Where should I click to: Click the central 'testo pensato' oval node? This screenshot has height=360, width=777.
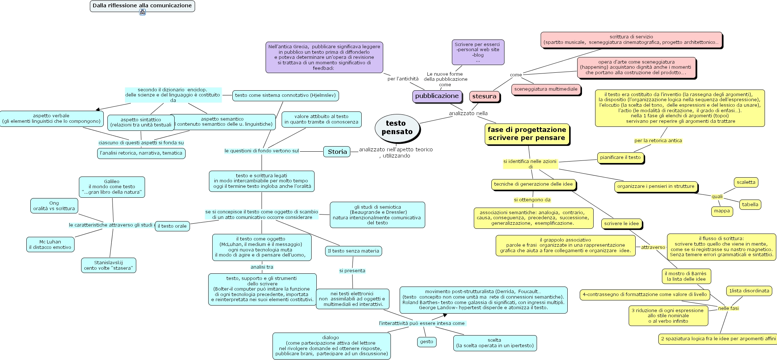tap(397, 128)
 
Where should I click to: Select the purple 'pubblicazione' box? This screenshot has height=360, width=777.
tap(437, 96)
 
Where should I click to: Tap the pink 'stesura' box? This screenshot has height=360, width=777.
tap(484, 96)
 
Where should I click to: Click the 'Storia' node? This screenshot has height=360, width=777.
tap(337, 152)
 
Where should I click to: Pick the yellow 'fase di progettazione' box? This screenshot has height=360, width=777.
tap(527, 134)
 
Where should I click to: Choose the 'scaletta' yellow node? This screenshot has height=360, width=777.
tap(746, 182)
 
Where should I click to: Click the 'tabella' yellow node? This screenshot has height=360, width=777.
tap(750, 205)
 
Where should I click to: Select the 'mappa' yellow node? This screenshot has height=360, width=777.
tap(722, 211)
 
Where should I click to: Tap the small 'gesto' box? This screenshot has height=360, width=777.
tap(426, 342)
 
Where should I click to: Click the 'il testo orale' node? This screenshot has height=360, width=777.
tap(172, 226)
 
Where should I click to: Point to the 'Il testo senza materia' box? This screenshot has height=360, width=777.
tap(353, 251)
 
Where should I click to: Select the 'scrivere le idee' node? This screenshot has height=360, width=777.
tap(621, 224)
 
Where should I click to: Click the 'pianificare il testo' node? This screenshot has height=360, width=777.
tap(620, 158)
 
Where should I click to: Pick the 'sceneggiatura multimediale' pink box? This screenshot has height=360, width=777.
tap(546, 89)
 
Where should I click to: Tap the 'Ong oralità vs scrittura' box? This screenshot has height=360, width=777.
tap(54, 206)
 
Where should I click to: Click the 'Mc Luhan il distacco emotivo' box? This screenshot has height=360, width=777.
tap(50, 245)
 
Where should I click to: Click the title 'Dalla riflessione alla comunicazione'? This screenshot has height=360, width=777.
tap(142, 6)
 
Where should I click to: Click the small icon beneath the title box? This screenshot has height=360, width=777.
tap(142, 12)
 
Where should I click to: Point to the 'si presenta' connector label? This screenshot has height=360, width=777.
tap(352, 271)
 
